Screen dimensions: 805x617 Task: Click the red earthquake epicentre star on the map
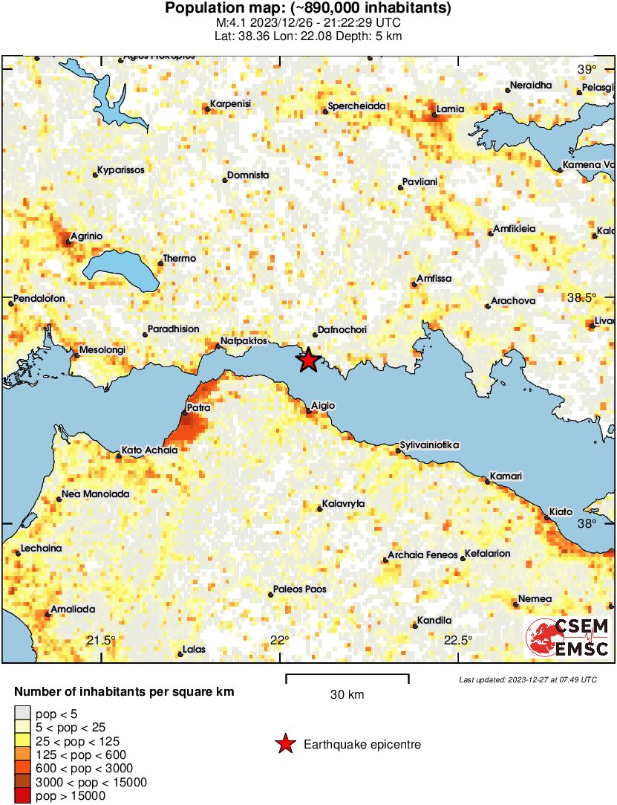coord(308,361)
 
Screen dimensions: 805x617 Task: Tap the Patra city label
coord(198,408)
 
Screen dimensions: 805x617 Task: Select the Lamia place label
coord(450,109)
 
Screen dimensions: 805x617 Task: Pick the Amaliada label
coord(73,610)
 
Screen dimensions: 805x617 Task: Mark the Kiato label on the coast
coord(561,512)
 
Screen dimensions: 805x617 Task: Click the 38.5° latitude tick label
coord(582,297)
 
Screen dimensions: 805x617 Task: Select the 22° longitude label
coord(279,641)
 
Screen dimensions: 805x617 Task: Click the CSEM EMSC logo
coord(568,637)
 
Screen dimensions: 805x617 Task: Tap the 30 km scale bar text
coord(347,695)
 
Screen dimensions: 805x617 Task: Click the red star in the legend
coord(284,744)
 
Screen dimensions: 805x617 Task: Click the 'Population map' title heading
coord(308,9)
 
